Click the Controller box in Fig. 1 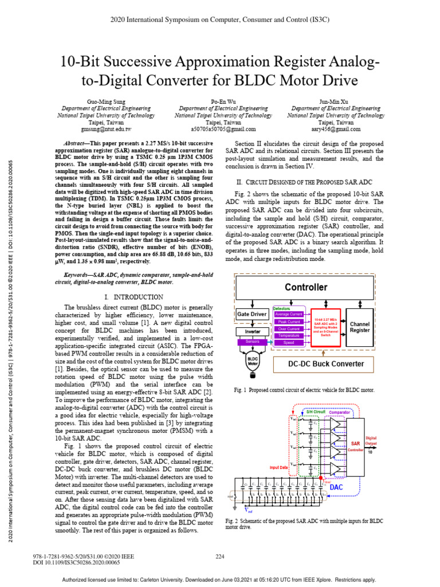click(x=306, y=287)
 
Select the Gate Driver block click(x=252, y=314)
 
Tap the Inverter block click(x=252, y=331)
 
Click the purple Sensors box click(x=252, y=341)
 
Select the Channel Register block click(x=360, y=327)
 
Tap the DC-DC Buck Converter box click(x=325, y=364)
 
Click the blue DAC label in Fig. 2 click(x=336, y=487)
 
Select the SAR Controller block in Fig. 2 click(x=355, y=447)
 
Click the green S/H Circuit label click(x=315, y=412)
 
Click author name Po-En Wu click(x=220, y=100)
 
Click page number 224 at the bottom click(x=219, y=557)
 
